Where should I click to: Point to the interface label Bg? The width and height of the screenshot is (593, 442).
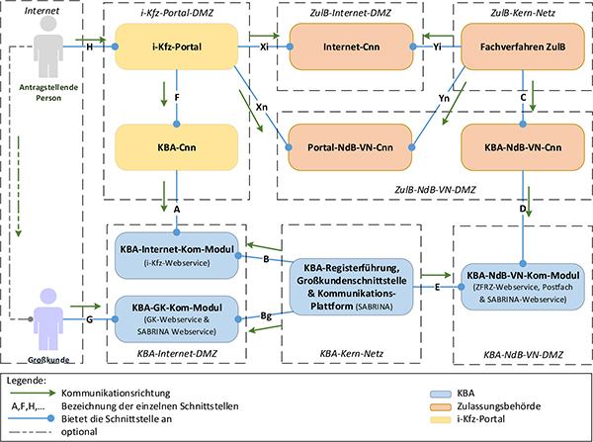266,314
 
